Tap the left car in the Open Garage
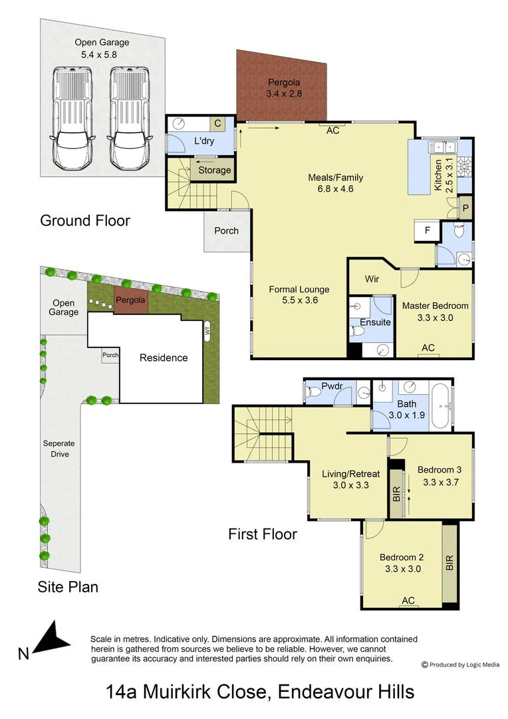tap(70, 119)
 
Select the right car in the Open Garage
tap(128, 119)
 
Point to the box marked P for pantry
tap(465, 208)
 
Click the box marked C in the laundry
tap(217, 123)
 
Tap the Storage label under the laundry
tap(215, 170)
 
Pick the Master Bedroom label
tap(435, 312)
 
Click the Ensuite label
tap(375, 323)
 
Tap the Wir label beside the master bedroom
tap(372, 279)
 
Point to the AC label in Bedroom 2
tap(408, 601)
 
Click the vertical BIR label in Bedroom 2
tap(450, 564)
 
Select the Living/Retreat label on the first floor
tap(350, 479)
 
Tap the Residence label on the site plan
tap(163, 358)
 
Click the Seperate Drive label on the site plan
tap(59, 449)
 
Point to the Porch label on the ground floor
tap(226, 231)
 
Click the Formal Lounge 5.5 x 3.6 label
tap(299, 294)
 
